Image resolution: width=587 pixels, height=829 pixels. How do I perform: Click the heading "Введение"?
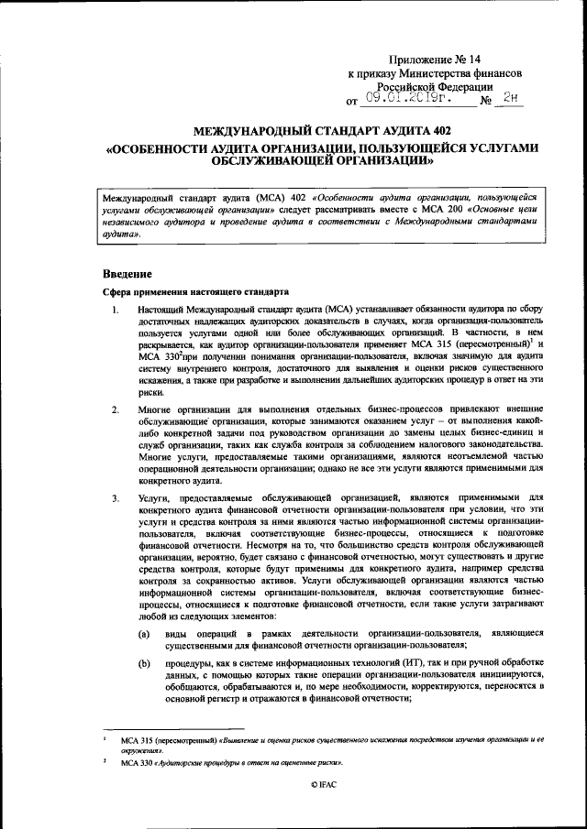point(127,274)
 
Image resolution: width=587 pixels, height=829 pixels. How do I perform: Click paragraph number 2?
point(115,409)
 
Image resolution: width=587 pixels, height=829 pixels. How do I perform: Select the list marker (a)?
point(144,634)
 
